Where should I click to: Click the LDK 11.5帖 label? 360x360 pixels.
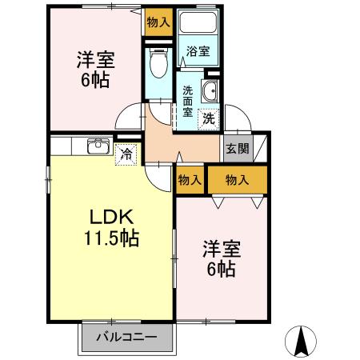tap(110, 228)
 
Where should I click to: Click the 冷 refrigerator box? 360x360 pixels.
tap(126, 155)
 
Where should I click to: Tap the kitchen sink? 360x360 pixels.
tap(98, 145)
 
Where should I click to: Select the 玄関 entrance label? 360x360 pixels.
tap(236, 148)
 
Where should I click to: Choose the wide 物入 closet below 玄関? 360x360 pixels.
tap(238, 181)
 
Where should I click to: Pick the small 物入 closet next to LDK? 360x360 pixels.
tap(190, 181)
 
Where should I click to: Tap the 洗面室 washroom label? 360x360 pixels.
tap(188, 101)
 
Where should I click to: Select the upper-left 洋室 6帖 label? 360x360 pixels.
tap(94, 70)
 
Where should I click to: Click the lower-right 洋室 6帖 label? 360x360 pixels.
tap(218, 258)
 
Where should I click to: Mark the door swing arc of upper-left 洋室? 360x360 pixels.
tap(128, 120)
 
